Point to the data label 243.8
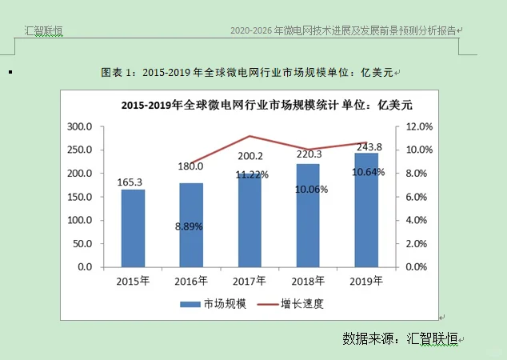point(367,146)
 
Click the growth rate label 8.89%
point(190,226)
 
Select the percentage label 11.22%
point(251,174)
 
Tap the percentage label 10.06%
point(309,190)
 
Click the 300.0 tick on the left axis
point(80,126)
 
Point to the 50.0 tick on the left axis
point(82,243)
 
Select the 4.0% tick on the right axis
point(419,220)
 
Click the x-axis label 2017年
point(250,281)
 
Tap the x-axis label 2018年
point(308,281)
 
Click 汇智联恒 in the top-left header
point(44,30)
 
